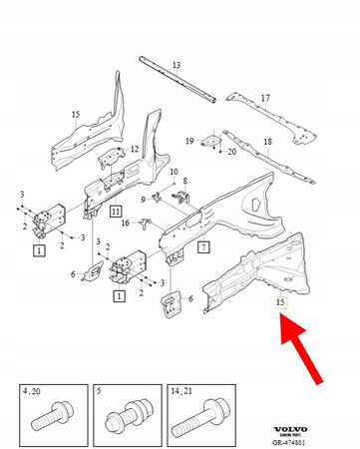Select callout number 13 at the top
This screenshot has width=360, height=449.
(176, 66)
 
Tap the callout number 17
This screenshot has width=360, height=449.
(265, 98)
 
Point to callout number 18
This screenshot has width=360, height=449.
(267, 143)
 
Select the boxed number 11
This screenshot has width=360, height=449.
(116, 212)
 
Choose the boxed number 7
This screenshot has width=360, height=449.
(202, 246)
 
